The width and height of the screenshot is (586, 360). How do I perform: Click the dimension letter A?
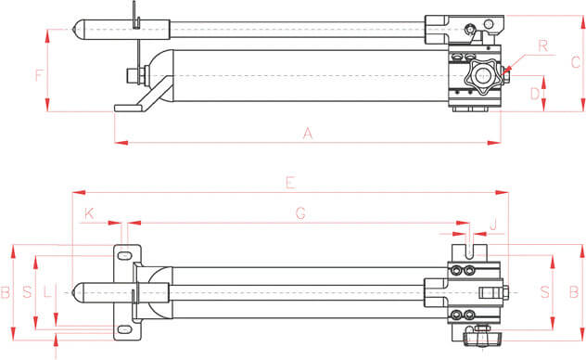[307, 133]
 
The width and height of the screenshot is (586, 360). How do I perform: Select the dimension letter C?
[576, 62]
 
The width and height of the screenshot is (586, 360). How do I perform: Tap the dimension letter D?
[535, 94]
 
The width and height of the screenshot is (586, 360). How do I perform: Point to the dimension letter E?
[291, 183]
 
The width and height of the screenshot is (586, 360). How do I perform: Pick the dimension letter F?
[39, 75]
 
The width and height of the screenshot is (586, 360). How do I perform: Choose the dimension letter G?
[300, 213]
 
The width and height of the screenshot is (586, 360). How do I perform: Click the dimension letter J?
[493, 225]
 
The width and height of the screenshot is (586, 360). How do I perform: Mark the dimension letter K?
[89, 213]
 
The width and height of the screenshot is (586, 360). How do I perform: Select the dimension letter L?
[47, 291]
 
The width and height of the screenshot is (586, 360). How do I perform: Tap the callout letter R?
[543, 46]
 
